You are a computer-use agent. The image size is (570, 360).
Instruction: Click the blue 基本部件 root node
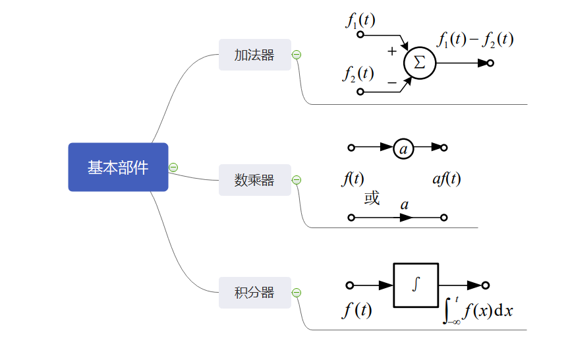[x=118, y=167]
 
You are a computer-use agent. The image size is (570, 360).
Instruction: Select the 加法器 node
[x=254, y=55]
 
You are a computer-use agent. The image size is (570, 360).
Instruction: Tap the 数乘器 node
[x=254, y=180]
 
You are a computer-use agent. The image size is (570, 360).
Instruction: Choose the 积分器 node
[x=254, y=293]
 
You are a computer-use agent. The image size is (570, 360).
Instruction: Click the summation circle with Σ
[x=419, y=63]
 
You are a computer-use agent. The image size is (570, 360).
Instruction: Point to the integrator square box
[x=415, y=285]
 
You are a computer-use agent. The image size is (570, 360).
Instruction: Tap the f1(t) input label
[x=360, y=20]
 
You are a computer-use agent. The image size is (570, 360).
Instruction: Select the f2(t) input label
[x=358, y=74]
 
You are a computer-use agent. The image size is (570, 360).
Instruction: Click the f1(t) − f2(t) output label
[x=475, y=40]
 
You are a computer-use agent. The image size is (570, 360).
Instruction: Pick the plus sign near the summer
[x=392, y=51]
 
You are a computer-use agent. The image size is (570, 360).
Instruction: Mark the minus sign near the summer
[x=391, y=82]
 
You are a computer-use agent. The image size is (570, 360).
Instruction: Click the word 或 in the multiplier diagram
[x=372, y=198]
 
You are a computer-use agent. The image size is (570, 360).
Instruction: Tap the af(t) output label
[x=446, y=179]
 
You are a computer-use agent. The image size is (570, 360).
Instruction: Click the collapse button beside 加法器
[x=297, y=55]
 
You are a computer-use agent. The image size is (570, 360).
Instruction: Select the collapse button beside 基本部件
[x=173, y=167]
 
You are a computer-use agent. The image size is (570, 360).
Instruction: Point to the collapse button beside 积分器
[x=297, y=293]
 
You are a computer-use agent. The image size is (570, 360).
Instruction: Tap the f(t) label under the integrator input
[x=356, y=310]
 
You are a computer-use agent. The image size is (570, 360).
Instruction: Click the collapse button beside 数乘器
[x=297, y=180]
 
